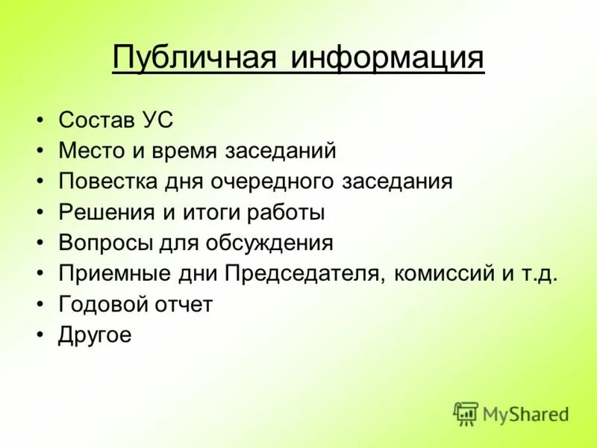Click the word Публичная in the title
tap(195, 57)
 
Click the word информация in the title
tap(387, 57)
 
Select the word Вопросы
tap(104, 243)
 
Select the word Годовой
tap(101, 304)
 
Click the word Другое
tap(95, 335)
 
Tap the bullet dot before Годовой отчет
tap(40, 305)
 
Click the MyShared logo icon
tap(466, 413)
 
